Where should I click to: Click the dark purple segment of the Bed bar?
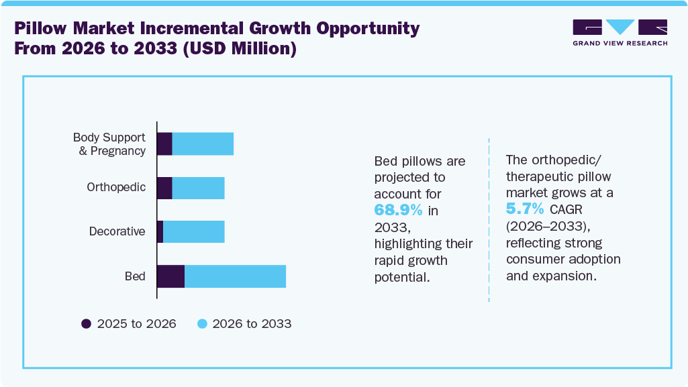click(x=170, y=276)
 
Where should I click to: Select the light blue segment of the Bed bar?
click(x=235, y=276)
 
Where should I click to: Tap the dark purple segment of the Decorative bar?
click(x=160, y=231)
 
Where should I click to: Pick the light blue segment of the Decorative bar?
click(x=193, y=231)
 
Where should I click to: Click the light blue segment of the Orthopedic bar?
click(x=198, y=188)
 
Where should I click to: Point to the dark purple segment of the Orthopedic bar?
click(x=164, y=188)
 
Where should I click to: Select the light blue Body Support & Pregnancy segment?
click(x=203, y=144)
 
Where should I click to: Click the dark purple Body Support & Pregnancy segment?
click(x=164, y=144)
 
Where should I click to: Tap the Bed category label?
click(x=135, y=276)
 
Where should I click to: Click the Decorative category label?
click(x=117, y=231)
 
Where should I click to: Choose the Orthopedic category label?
click(x=116, y=187)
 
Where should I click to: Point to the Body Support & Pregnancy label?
click(x=109, y=144)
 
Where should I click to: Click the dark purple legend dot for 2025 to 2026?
click(x=86, y=324)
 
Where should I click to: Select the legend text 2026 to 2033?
click(x=252, y=324)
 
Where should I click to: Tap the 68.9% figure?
click(x=398, y=210)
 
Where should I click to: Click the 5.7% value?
click(x=525, y=209)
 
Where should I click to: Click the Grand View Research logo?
click(x=620, y=32)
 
